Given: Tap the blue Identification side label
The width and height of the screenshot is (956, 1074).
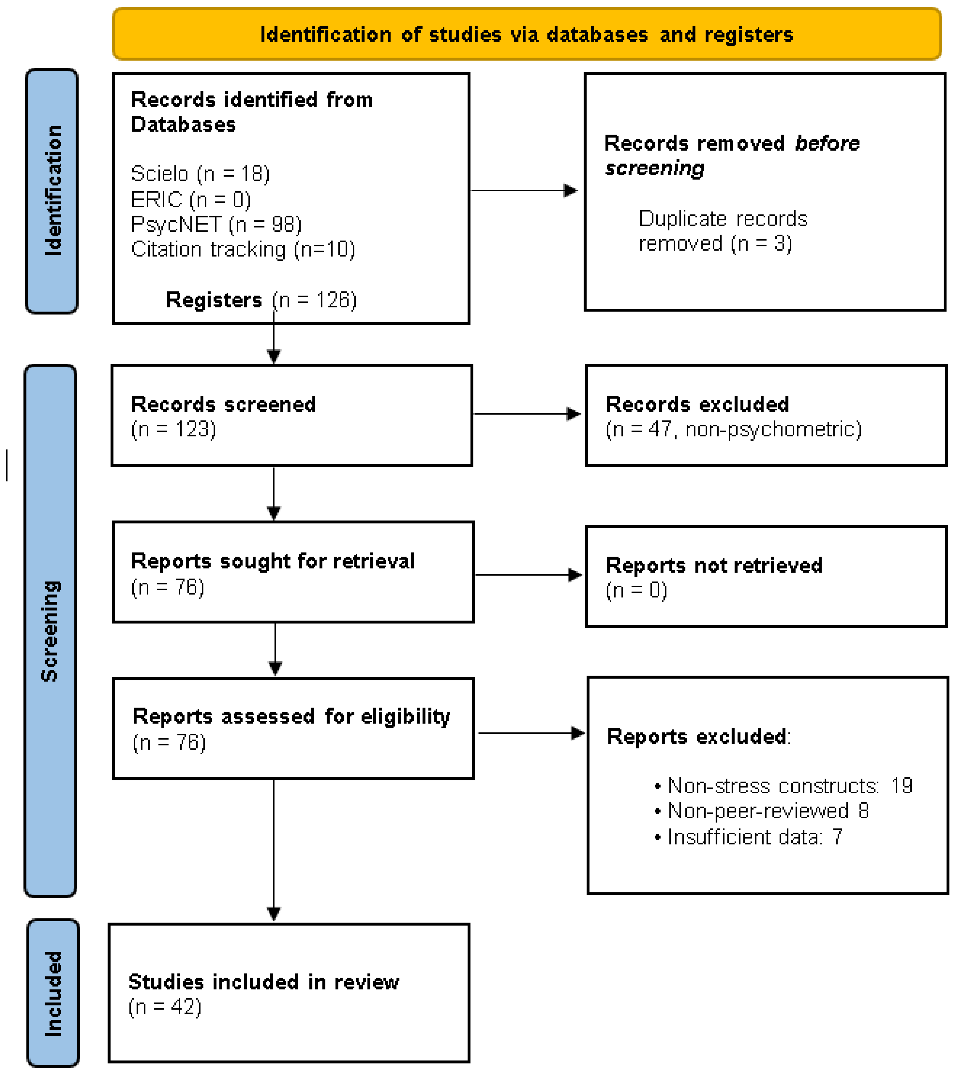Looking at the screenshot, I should [52, 191].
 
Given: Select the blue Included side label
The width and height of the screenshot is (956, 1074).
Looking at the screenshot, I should [52, 993].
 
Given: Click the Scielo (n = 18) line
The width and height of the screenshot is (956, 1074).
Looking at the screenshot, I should [200, 173].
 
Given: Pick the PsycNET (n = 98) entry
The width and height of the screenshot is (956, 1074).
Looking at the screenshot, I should [216, 224].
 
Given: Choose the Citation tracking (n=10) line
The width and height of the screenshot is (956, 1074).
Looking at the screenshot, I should [243, 249].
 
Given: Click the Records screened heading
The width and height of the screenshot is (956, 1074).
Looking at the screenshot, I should [223, 404].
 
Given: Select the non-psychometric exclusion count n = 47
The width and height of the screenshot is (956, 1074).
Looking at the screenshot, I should [733, 429].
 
